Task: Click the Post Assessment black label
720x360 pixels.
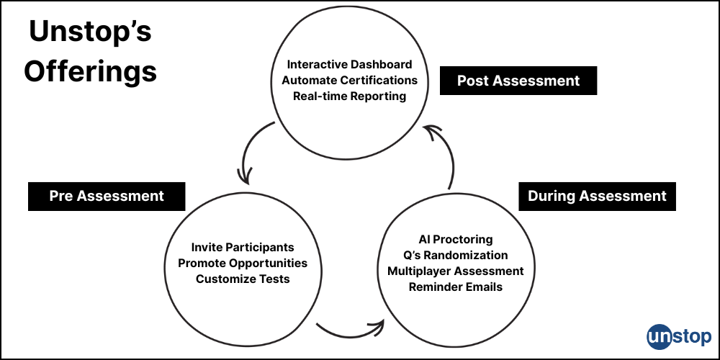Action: coord(518,81)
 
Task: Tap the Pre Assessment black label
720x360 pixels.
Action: coord(107,196)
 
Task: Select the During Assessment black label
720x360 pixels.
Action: coord(597,196)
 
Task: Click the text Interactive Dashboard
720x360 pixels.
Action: coord(350,64)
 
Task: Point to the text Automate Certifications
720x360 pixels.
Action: coord(350,80)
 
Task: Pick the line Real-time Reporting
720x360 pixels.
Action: coord(350,96)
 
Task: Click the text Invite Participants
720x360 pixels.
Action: coord(243,247)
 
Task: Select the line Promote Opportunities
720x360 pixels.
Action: coord(243,263)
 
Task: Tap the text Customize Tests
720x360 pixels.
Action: coord(243,279)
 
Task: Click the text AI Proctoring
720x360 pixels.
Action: coord(456,239)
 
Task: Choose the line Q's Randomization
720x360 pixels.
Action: coord(456,255)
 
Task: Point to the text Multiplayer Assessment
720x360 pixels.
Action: coord(456,271)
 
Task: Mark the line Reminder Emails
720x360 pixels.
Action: coord(456,287)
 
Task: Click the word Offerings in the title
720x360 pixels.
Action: coord(90,71)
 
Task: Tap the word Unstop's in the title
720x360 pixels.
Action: coord(90,32)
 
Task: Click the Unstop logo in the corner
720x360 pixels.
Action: coord(679,336)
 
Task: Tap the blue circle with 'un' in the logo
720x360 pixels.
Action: coord(660,337)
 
